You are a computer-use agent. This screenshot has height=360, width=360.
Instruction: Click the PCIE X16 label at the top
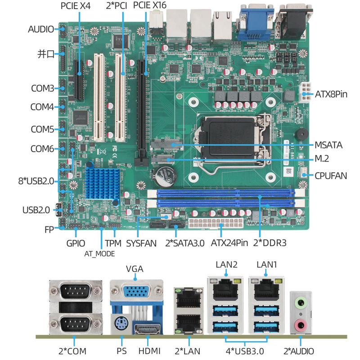[x=150, y=5]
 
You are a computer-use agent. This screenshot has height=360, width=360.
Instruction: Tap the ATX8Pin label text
[x=331, y=94]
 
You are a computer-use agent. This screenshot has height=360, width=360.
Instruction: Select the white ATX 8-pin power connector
[x=305, y=93]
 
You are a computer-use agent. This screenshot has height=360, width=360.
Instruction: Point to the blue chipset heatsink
[x=102, y=184]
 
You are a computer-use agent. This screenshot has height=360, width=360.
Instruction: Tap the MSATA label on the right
[x=328, y=145]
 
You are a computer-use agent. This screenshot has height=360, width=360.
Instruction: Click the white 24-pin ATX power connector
[x=216, y=223]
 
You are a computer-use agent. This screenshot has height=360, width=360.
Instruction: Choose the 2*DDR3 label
[x=270, y=243]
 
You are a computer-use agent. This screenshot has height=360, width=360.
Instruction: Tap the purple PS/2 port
[x=121, y=324]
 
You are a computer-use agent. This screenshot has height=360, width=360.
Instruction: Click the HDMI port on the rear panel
[x=147, y=329]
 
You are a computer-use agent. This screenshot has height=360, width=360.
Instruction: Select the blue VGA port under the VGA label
[x=137, y=291]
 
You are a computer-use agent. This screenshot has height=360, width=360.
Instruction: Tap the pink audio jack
[x=301, y=325]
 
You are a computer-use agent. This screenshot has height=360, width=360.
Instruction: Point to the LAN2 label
[x=226, y=265]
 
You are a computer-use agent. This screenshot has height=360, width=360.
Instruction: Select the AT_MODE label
[x=99, y=254]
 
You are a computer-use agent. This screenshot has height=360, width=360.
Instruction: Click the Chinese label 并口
[x=46, y=54]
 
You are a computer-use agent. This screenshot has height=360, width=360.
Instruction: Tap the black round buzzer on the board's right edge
[x=301, y=135]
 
